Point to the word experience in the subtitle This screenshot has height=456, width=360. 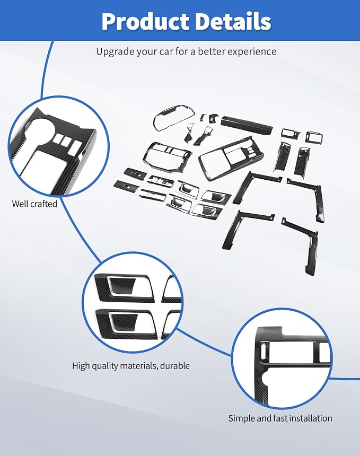pos(252,52)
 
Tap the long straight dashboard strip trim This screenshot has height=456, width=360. pos(247,125)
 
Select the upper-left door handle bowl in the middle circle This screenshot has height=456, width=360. pos(121,286)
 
